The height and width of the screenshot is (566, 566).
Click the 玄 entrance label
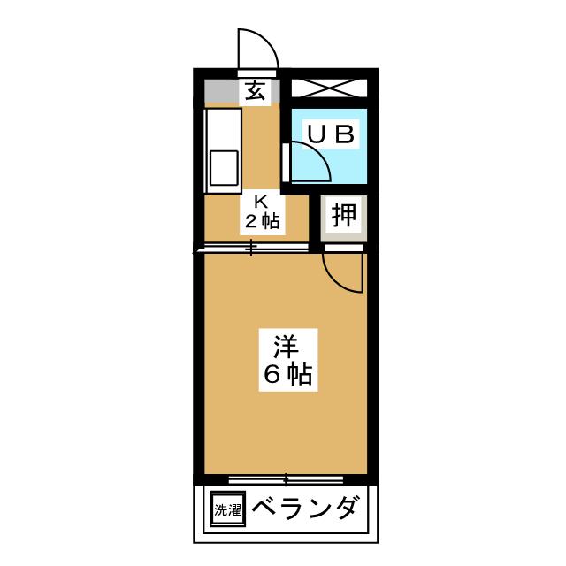[256, 90]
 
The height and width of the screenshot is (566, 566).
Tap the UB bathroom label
[331, 134]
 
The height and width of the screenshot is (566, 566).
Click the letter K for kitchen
[261, 201]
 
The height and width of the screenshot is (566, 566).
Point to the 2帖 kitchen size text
[261, 221]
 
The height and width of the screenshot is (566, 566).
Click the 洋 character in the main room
[286, 343]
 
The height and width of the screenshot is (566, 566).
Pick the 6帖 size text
[286, 374]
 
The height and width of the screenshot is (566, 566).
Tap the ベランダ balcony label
[306, 509]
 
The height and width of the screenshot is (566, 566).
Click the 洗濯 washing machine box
[226, 509]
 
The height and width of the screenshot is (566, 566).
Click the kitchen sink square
[225, 168]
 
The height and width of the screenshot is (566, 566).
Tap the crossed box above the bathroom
[329, 88]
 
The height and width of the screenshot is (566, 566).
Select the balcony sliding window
[285, 479]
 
